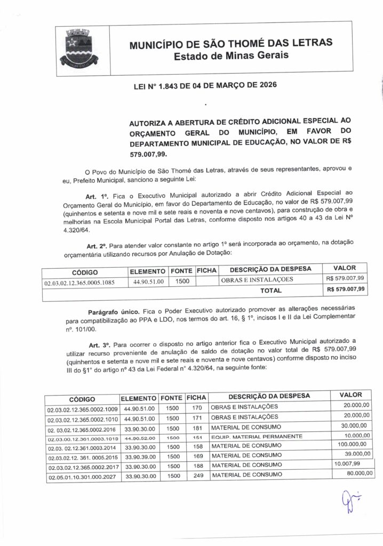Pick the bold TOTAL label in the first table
[x=270, y=291]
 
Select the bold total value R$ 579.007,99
[x=345, y=291]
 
